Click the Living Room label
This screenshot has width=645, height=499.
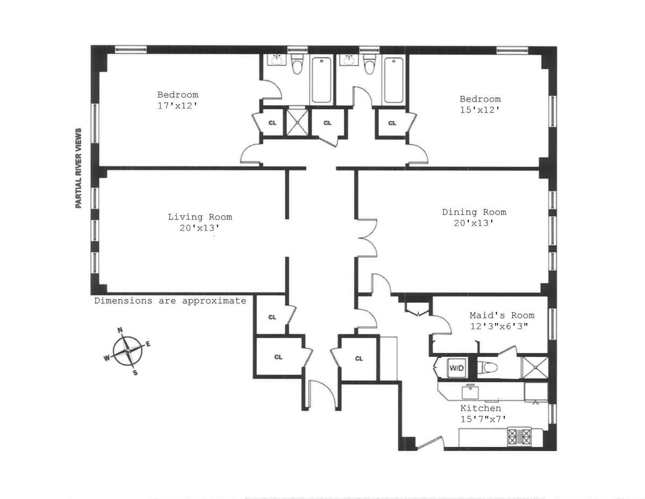tap(200, 217)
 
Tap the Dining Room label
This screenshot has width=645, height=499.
tap(474, 212)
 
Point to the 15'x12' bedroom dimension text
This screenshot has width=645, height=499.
tap(480, 110)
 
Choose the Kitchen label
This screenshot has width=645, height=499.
tap(481, 409)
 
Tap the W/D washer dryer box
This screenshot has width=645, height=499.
tap(455, 368)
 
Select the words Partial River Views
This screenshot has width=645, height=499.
tap(78, 168)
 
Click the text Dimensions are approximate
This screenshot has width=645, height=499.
tap(170, 301)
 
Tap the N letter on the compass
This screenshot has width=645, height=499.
tap(120, 331)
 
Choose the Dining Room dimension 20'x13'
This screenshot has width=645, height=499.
tap(474, 223)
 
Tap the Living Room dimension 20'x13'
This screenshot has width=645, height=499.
tap(200, 227)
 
